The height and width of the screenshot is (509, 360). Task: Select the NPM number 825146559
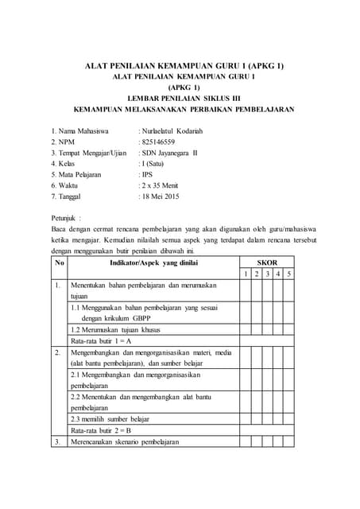tap(161, 142)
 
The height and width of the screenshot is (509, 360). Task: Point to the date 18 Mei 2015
tap(165, 195)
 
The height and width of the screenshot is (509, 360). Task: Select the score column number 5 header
tap(288, 274)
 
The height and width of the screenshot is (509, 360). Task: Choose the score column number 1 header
tap(246, 274)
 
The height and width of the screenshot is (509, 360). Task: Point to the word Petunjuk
tap(66, 216)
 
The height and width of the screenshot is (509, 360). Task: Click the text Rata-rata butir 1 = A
tap(101, 340)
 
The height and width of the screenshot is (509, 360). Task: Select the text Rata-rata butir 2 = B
tap(101, 429)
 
